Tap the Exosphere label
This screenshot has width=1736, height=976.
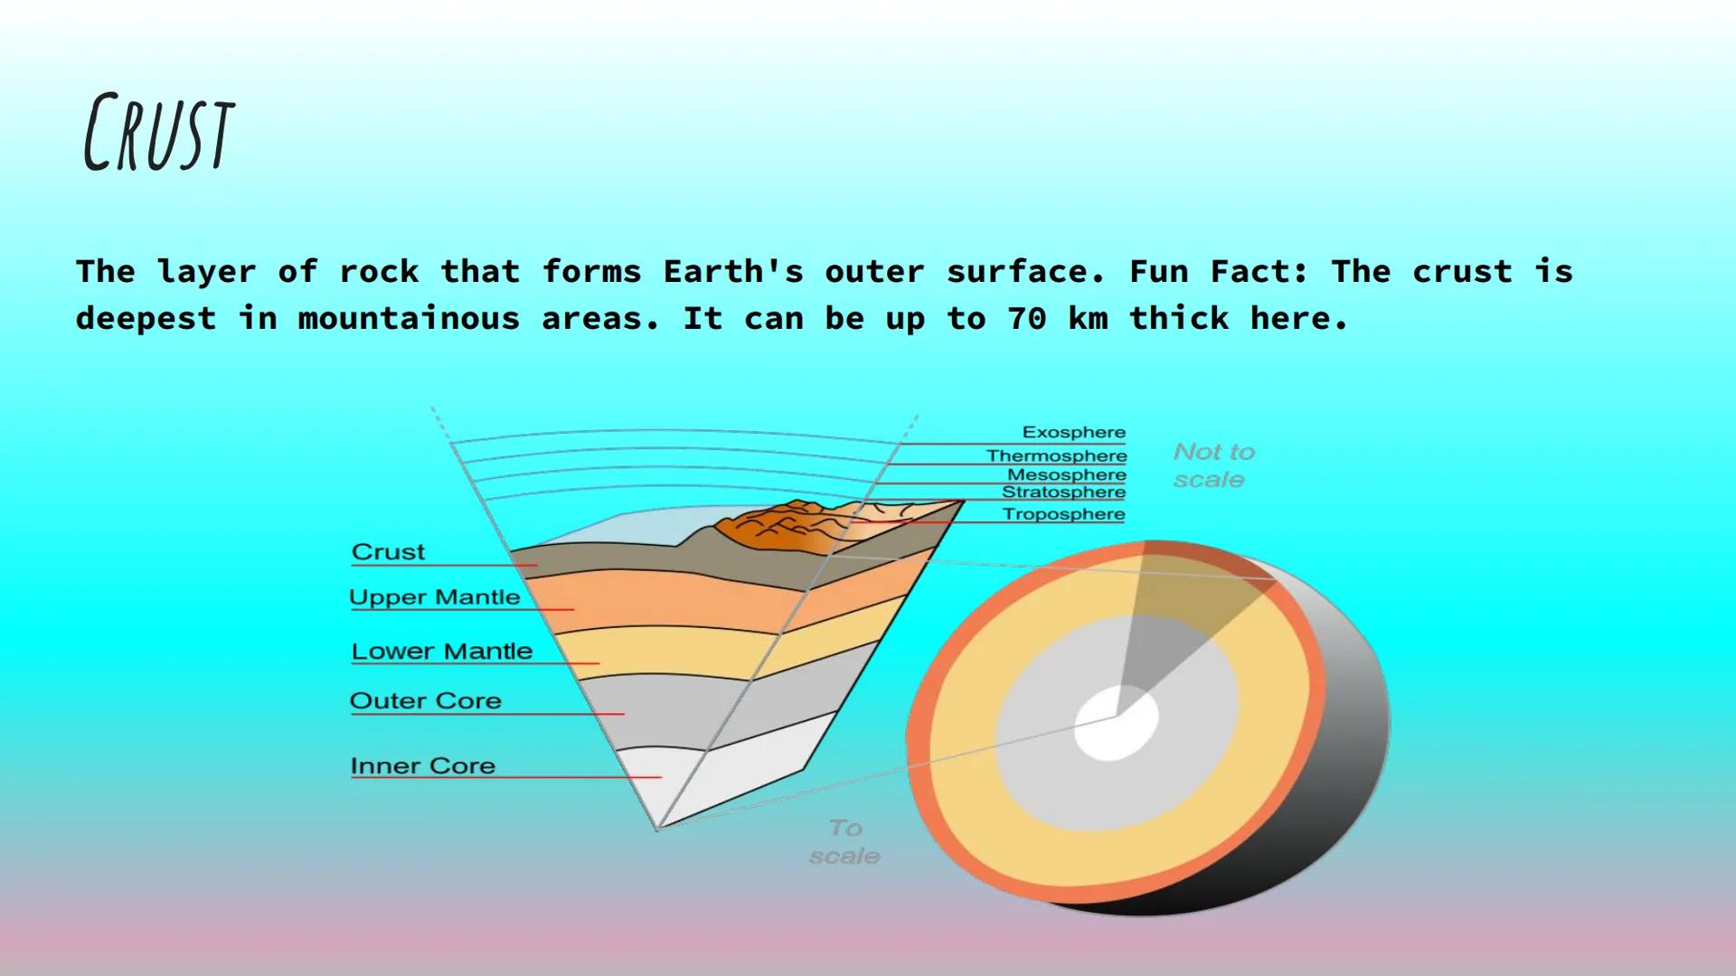point(1074,432)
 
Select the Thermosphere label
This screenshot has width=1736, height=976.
point(1056,455)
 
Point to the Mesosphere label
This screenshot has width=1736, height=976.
point(1067,474)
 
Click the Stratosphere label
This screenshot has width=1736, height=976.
point(1063,493)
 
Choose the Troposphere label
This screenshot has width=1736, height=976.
point(1063,514)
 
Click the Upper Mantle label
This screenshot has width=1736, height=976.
point(435,597)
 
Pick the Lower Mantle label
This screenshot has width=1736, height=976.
point(442,651)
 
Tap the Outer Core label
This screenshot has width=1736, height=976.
point(425,700)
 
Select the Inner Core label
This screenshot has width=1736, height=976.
point(423,765)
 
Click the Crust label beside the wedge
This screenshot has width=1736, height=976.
point(388,552)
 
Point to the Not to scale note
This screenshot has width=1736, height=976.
point(1213,465)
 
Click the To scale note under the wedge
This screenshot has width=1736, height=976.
point(844,841)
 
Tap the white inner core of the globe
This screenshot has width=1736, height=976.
point(1116,723)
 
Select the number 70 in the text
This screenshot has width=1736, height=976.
point(1027,318)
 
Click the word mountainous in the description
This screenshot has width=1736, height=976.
point(410,318)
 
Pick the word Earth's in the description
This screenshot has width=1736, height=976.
point(733,271)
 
